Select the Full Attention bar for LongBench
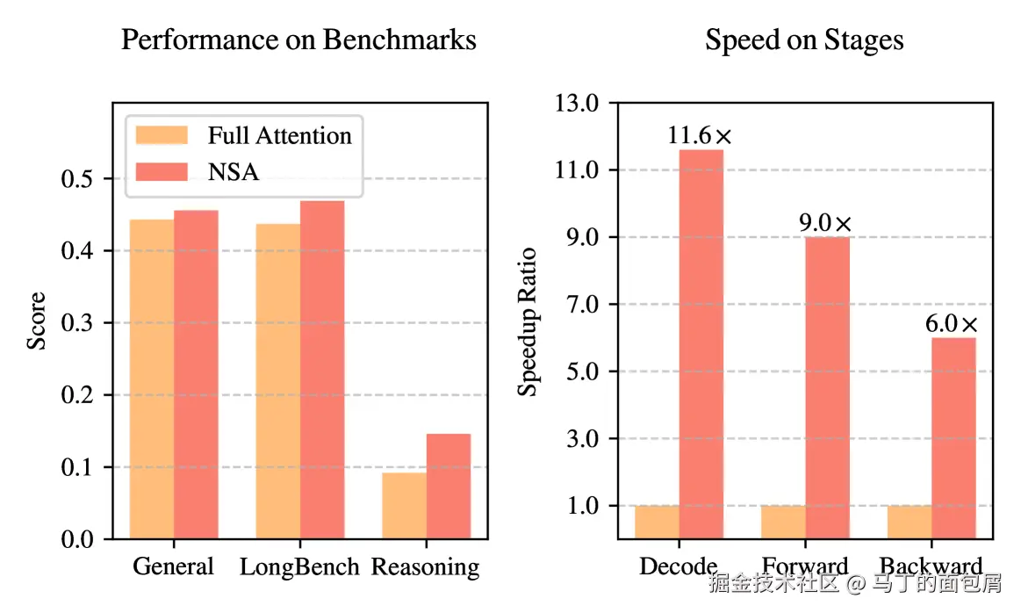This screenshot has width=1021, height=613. coord(278,381)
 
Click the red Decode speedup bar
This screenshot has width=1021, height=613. coord(701,343)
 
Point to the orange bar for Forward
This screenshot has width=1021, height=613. coord(783,522)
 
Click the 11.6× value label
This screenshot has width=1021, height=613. coord(699,136)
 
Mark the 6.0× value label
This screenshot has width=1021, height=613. coord(951,324)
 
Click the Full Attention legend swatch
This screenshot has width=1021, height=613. coord(162,135)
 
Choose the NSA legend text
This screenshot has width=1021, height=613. coord(234,171)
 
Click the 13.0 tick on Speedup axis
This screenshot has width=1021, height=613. coord(576,103)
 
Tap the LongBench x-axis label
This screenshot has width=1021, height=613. coord(299,566)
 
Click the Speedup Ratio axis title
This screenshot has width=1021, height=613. coord(527,321)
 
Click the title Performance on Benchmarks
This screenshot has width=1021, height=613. coord(298,40)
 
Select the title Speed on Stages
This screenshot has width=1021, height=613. coord(804,40)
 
